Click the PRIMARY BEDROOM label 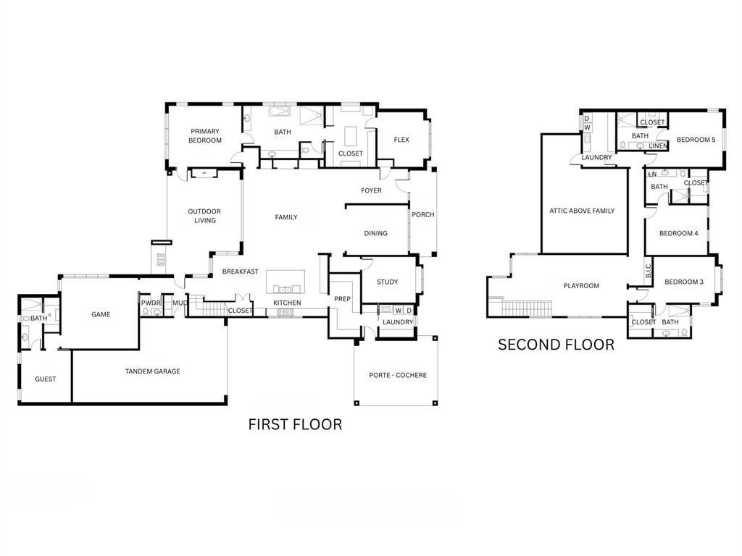click(x=205, y=135)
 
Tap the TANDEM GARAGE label click(x=152, y=371)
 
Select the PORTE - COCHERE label click(x=398, y=375)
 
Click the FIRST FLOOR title click(x=295, y=424)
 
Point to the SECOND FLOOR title click(x=556, y=345)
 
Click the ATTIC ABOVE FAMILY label click(x=582, y=211)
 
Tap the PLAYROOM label click(x=581, y=286)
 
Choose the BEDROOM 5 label click(x=696, y=140)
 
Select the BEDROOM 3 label click(x=683, y=282)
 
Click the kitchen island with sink click(x=285, y=281)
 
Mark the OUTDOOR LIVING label click(x=204, y=216)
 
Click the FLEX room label click(x=401, y=140)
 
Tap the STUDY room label click(x=388, y=282)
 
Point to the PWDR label click(x=150, y=303)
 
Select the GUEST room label click(x=45, y=379)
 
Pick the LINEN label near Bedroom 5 click(x=657, y=146)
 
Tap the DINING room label click(x=375, y=233)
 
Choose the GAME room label click(x=100, y=314)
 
